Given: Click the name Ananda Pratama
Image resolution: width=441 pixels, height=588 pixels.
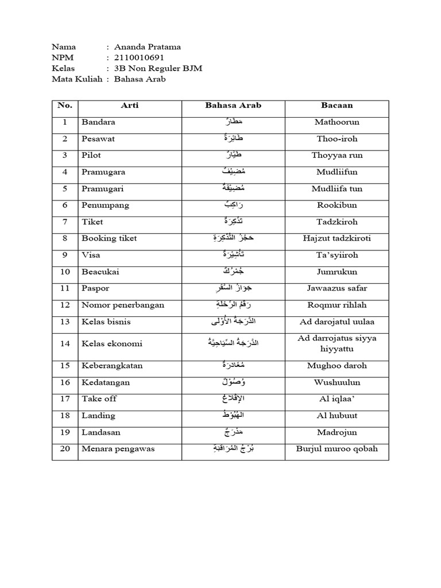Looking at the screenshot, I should coord(148,47).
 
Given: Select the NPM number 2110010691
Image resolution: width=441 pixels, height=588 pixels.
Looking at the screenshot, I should coord(140,58).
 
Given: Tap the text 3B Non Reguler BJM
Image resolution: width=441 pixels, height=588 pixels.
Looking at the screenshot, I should coord(158,68).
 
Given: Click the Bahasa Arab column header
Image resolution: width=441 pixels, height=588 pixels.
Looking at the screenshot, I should coord(233,106).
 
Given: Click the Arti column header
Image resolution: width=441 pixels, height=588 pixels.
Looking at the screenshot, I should coord(130,106).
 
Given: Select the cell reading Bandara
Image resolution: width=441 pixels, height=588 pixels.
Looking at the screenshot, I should coord(98,122).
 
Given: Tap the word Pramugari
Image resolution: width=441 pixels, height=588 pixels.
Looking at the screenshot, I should coord(103,188).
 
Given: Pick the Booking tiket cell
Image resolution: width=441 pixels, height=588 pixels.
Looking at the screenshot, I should coord(109,238).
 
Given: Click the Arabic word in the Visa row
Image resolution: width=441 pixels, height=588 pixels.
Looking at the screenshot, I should coord(233,255).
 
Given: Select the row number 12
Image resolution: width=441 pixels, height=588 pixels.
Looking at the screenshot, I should coord(65,305).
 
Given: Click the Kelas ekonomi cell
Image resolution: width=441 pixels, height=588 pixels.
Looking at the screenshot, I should coord(112,343).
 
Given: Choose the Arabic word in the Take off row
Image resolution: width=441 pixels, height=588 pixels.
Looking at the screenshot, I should coord(233,399).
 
